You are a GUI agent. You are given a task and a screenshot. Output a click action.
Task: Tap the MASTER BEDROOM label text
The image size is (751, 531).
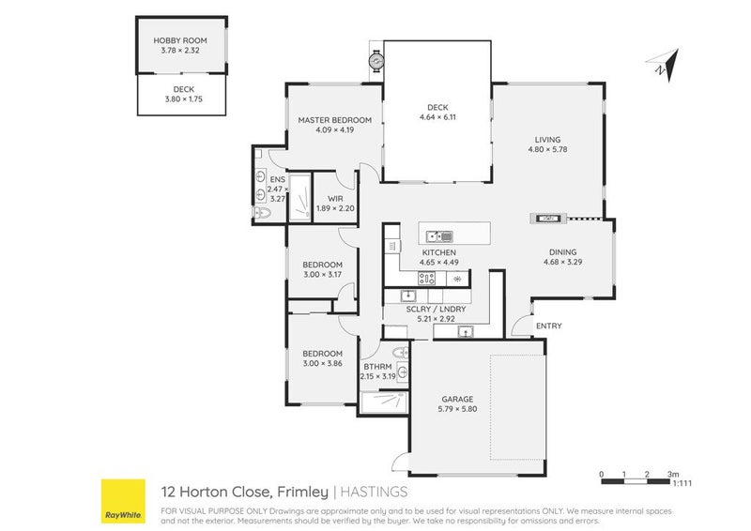tap(335, 120)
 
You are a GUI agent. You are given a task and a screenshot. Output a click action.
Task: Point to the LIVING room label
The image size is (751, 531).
tap(547, 138)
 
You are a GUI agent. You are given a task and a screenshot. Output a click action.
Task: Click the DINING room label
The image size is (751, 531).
tap(562, 250)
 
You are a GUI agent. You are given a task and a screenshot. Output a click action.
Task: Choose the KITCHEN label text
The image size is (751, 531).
tap(438, 253)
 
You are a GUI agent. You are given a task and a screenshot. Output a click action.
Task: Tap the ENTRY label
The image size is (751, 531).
tap(548, 326)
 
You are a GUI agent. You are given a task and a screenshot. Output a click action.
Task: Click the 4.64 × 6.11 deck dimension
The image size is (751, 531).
tap(438, 118)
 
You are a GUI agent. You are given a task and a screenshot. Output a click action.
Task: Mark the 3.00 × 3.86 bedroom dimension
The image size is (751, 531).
tap(322, 364)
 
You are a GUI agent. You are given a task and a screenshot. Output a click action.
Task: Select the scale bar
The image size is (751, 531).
tap(635, 480)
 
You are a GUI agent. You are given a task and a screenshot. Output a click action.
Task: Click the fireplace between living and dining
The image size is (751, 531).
tap(546, 219)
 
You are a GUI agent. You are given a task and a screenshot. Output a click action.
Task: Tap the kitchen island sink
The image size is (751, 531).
tap(438, 235)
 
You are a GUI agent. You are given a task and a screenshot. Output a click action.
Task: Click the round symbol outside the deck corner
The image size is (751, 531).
tap(376, 61)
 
